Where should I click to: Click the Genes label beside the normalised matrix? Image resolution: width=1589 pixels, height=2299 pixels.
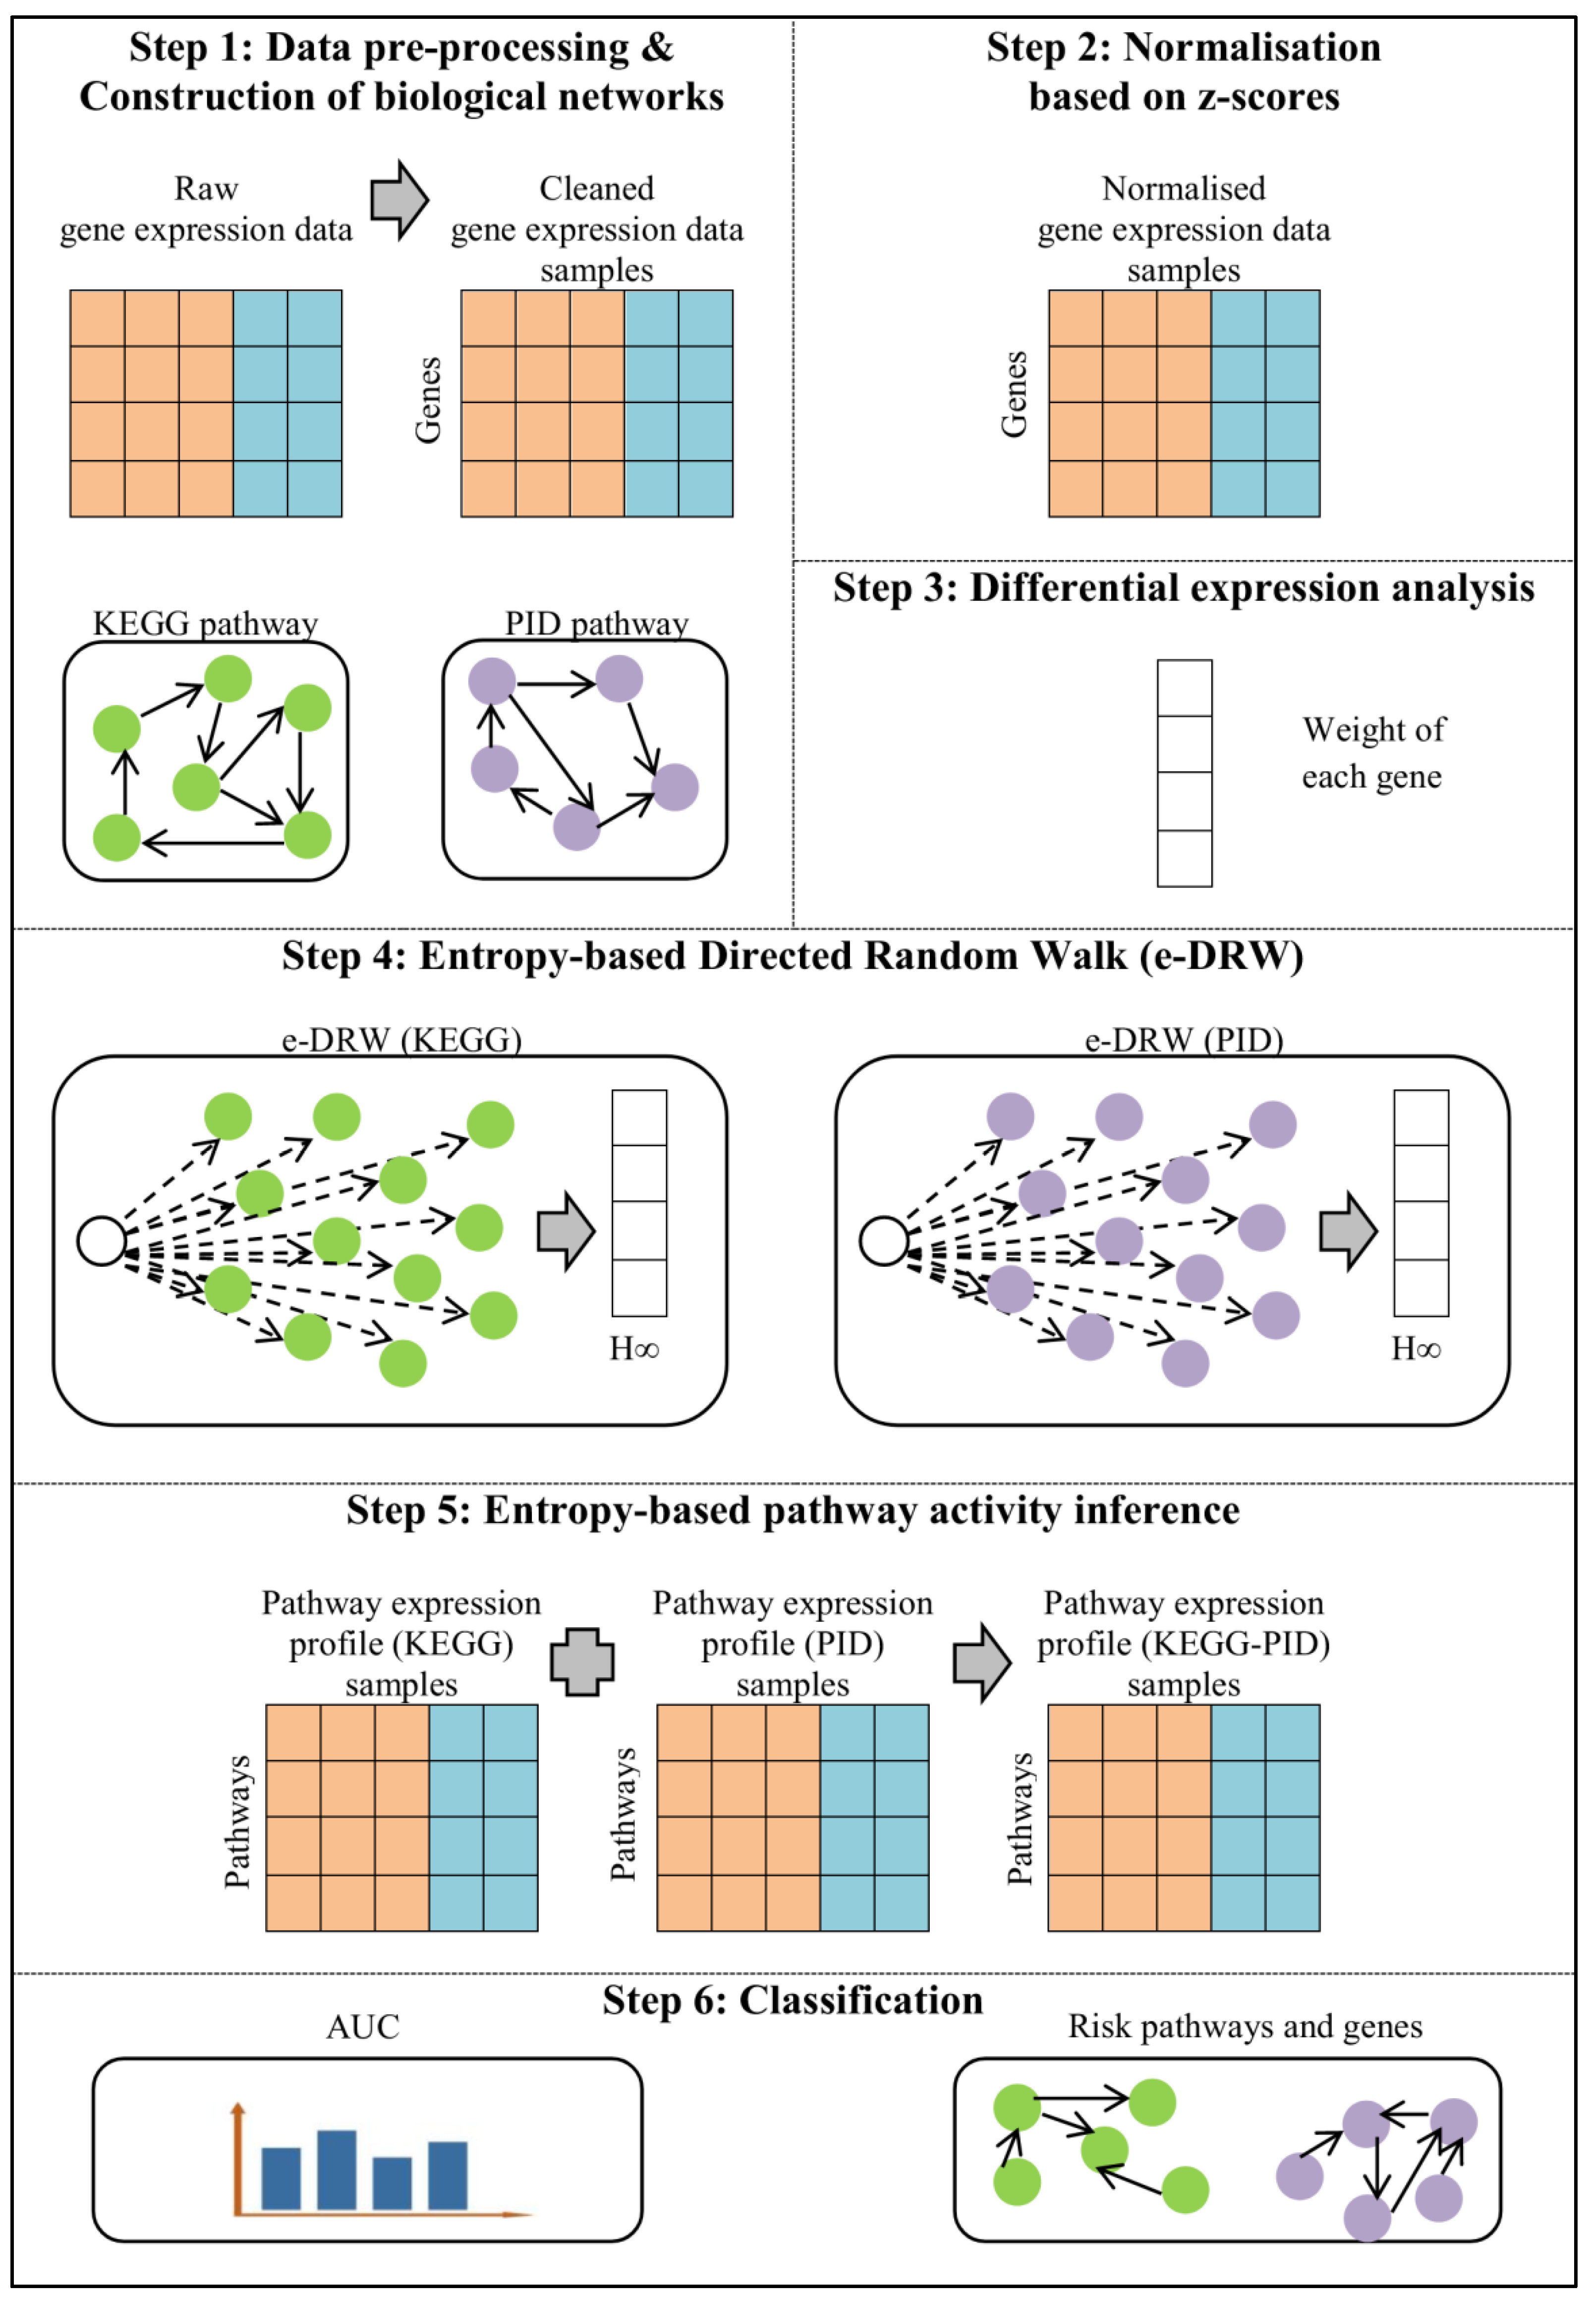1014,394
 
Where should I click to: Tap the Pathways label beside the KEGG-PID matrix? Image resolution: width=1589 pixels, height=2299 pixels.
1020,1819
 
